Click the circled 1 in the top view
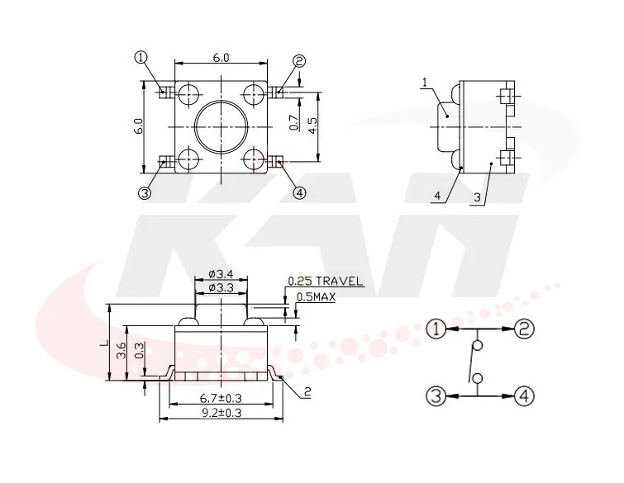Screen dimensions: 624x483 (141, 58)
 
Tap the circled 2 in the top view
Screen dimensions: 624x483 (299, 61)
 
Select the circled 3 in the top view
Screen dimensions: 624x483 (145, 193)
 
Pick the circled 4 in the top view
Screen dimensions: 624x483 (300, 193)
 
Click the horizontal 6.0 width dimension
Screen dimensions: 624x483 (221, 58)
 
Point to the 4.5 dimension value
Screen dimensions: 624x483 (312, 125)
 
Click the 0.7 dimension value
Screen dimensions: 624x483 (294, 123)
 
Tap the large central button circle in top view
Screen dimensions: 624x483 (221, 126)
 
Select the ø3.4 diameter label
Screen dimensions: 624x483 (221, 274)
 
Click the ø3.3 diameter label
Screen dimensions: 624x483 (221, 287)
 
